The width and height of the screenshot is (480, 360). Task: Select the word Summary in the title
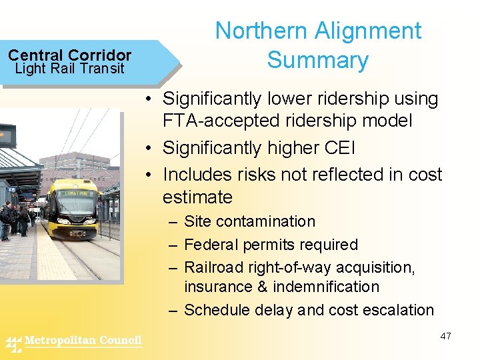(x=317, y=60)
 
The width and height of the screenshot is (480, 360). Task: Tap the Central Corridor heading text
(x=69, y=55)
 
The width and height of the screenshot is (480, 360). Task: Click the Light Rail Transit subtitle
(x=69, y=69)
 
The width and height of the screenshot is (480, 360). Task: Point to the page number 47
(x=445, y=336)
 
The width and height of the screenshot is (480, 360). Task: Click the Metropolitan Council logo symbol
(x=14, y=343)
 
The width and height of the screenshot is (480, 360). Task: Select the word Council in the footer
(x=121, y=341)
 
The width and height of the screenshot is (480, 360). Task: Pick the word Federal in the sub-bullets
(x=211, y=245)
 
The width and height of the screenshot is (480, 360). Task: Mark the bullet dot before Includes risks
(x=153, y=175)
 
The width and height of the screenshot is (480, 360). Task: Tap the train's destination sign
(x=74, y=192)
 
